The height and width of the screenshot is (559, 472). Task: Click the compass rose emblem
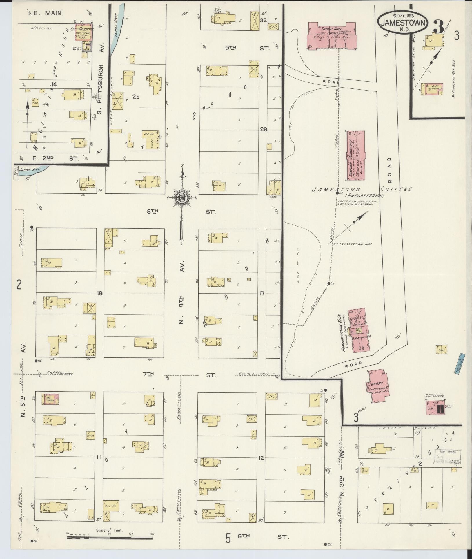point(182,198)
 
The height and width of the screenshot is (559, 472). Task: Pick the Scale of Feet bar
point(110,537)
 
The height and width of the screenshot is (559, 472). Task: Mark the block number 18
point(100,293)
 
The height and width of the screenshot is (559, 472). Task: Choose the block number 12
point(261,458)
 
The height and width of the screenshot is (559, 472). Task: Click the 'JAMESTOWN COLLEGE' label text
point(362,189)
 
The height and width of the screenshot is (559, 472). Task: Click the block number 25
point(136,97)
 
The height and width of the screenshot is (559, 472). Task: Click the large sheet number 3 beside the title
point(438,28)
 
